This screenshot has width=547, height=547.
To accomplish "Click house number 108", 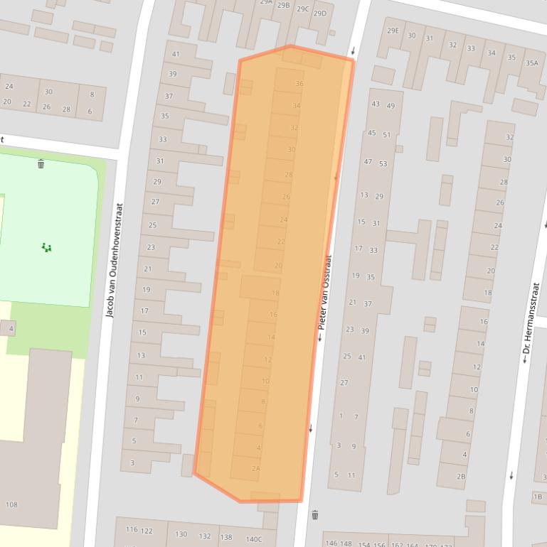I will click(x=11, y=505).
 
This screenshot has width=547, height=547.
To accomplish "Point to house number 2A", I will click(x=256, y=468).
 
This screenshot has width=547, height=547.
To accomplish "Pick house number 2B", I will click(x=461, y=477).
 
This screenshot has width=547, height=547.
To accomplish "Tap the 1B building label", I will click(x=538, y=497).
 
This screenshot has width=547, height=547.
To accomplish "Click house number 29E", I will click(x=393, y=31).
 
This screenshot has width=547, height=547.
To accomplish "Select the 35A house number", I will click(x=532, y=63).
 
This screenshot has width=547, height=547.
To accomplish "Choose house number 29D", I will click(x=320, y=13).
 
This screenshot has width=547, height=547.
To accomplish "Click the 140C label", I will click(x=254, y=539).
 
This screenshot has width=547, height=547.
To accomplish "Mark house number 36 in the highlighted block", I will click(x=299, y=84).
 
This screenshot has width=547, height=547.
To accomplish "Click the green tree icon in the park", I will click(x=47, y=247).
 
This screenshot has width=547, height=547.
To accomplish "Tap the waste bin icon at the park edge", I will click(x=41, y=164).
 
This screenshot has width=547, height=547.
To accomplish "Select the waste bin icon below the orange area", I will click(x=315, y=515).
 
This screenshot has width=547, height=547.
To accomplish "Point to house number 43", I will click(x=376, y=104).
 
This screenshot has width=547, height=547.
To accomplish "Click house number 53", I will click(x=383, y=164).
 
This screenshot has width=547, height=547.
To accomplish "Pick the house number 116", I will click(x=132, y=529).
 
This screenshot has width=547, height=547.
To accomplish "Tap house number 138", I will click(x=226, y=537).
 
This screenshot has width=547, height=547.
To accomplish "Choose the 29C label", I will click(x=303, y=9).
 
